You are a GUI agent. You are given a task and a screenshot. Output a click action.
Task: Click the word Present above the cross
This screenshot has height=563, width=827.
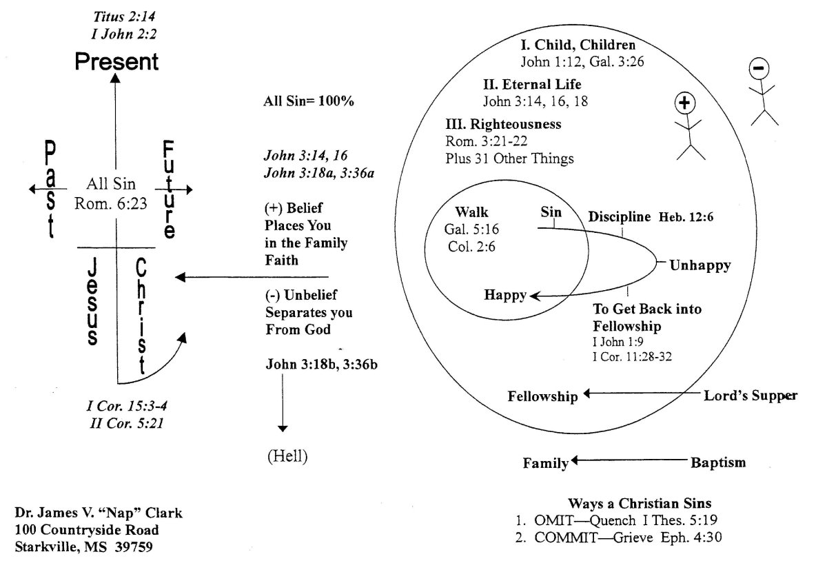(x=116, y=62)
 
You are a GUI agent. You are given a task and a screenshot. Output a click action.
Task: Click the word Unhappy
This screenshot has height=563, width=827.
(x=700, y=265)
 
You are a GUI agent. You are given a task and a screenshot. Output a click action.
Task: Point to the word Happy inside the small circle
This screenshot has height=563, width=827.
(x=505, y=295)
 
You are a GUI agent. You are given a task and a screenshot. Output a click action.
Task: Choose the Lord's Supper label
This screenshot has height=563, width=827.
(x=750, y=396)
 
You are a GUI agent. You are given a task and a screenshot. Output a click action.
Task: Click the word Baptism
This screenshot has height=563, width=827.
(x=718, y=462)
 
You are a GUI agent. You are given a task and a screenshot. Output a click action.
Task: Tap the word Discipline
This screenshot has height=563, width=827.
(x=619, y=217)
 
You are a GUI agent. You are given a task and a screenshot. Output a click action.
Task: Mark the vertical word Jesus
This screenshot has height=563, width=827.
(x=92, y=302)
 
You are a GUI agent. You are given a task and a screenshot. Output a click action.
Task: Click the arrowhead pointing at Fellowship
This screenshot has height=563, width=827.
(x=586, y=395)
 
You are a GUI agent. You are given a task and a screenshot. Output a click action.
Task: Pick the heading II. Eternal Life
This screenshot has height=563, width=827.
(x=532, y=85)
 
